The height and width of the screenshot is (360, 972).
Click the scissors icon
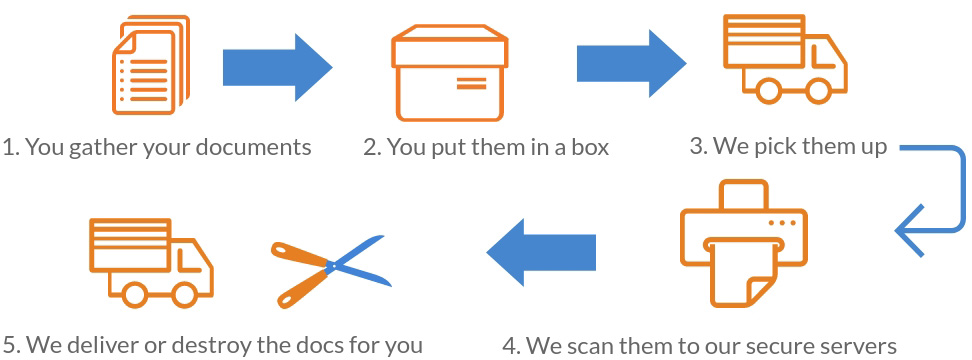point(326,267)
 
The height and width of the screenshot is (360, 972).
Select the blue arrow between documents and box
point(276,67)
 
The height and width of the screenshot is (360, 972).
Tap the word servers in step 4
point(857,346)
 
